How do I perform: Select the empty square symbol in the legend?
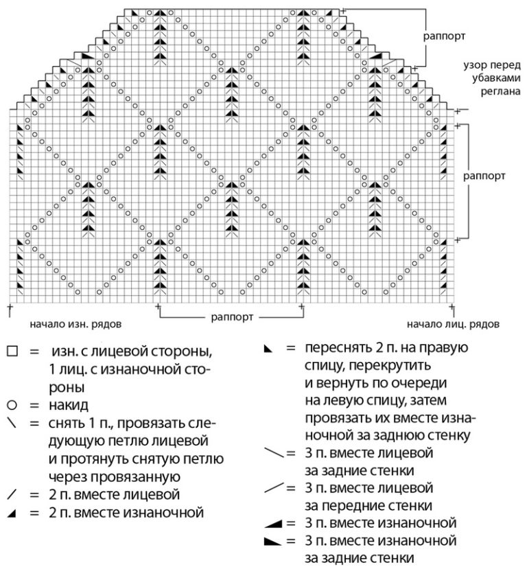coord(12,352)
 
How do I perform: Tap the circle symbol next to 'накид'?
coord(12,405)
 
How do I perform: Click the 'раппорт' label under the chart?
coord(231,319)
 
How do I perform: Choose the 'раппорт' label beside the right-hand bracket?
coord(484,175)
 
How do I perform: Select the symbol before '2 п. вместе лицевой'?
coord(12,494)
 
